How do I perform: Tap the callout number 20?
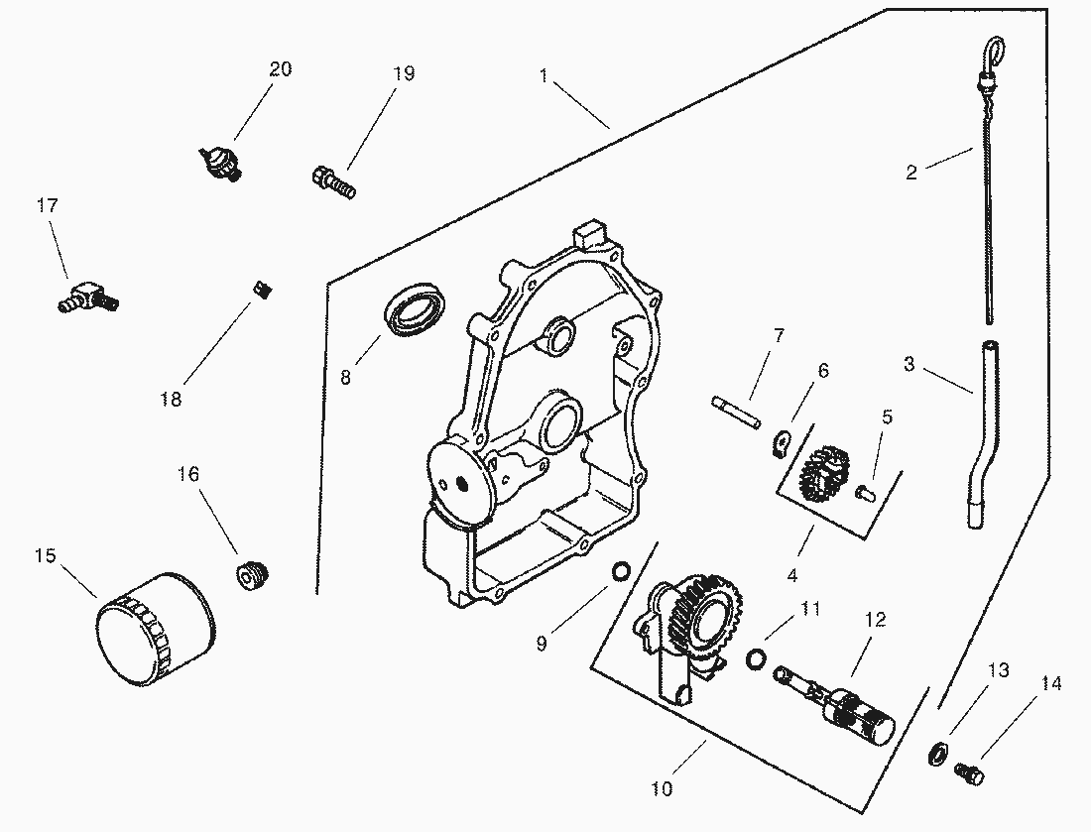pos(281,69)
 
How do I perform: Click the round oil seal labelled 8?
pos(416,309)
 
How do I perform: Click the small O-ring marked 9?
pos(621,572)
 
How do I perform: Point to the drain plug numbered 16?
pos(255,574)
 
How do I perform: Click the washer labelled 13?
pos(935,753)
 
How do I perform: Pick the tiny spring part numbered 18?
pos(263,290)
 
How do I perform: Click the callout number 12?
pos(875,620)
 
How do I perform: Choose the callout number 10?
pos(663,788)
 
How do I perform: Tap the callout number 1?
pos(544,74)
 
